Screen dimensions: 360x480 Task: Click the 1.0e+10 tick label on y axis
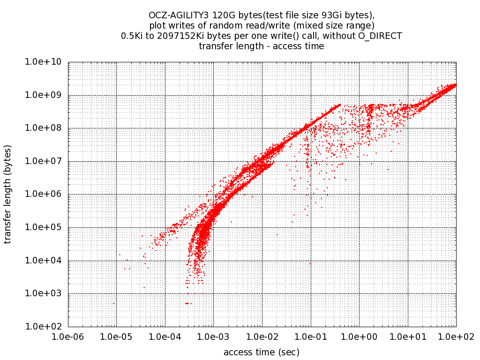[46, 62]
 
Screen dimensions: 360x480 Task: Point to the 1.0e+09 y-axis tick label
[46, 95]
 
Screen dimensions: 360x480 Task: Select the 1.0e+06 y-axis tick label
[46, 195]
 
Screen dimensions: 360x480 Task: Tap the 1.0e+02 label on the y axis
[46, 327]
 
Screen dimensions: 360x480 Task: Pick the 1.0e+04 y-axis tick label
[46, 261]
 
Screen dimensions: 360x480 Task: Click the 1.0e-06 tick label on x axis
[68, 337]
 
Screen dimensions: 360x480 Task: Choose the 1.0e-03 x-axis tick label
[213, 337]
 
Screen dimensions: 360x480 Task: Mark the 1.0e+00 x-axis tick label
[359, 337]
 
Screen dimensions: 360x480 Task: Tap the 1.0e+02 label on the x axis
[456, 337]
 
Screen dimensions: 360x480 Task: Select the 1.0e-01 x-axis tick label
[310, 337]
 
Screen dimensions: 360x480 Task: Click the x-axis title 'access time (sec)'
[262, 352]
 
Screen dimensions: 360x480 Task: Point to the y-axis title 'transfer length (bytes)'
[8, 194]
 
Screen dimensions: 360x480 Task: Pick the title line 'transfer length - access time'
[262, 46]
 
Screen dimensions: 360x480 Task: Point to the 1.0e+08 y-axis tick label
[46, 128]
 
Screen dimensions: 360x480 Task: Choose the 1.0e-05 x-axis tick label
[116, 337]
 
